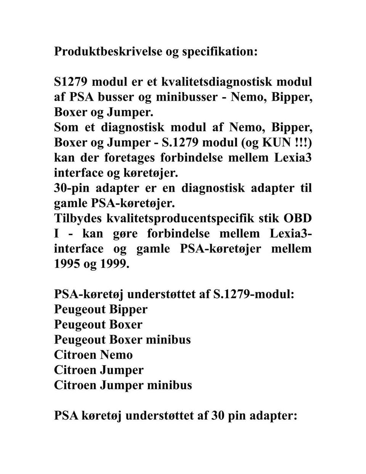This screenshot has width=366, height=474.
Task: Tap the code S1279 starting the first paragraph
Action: point(71,82)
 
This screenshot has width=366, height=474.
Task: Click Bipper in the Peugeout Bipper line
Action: point(128,309)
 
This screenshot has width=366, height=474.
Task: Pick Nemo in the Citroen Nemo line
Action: point(116,355)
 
